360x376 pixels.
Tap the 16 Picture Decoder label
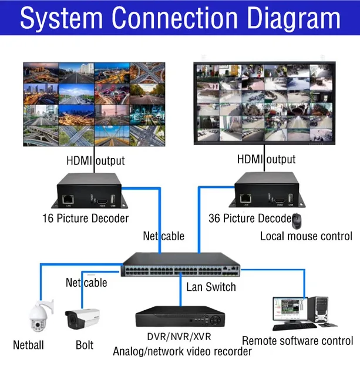click(85, 219)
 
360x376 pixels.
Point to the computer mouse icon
click(297, 221)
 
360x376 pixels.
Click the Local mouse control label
click(306, 236)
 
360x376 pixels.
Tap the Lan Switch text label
click(211, 287)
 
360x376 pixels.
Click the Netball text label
click(28, 345)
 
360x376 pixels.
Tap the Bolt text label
click(85, 345)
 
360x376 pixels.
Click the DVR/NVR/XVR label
click(179, 337)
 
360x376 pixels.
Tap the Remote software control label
click(298, 341)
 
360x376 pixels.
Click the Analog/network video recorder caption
click(182, 352)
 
